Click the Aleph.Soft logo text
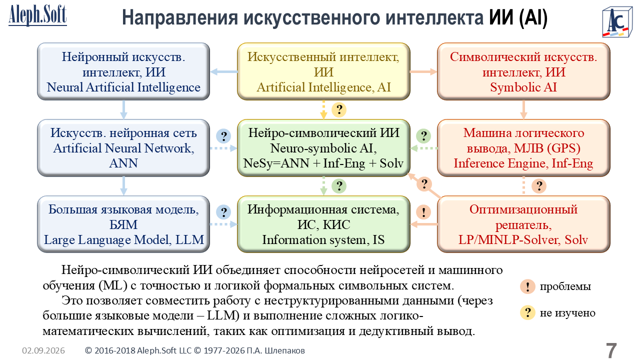click(x=37, y=15)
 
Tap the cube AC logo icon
click(x=617, y=22)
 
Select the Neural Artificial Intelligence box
click(x=123, y=71)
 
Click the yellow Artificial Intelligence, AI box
click(x=323, y=71)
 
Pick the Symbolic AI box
click(x=523, y=71)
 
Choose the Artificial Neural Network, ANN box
click(x=123, y=148)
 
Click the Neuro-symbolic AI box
click(x=323, y=148)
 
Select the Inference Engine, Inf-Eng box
click(x=523, y=148)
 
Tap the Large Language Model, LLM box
click(x=123, y=224)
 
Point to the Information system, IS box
click(x=323, y=224)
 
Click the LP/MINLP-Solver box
click(x=523, y=224)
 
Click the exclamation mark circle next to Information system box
click(x=423, y=212)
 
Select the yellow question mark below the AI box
click(x=339, y=109)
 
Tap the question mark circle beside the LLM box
click(x=223, y=212)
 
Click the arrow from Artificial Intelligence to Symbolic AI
click(x=423, y=71)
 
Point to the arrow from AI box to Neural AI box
click(x=223, y=71)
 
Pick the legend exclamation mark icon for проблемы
click(x=527, y=286)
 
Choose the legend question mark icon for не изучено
click(x=527, y=312)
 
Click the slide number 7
click(x=611, y=350)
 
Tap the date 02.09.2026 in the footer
click(x=43, y=350)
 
